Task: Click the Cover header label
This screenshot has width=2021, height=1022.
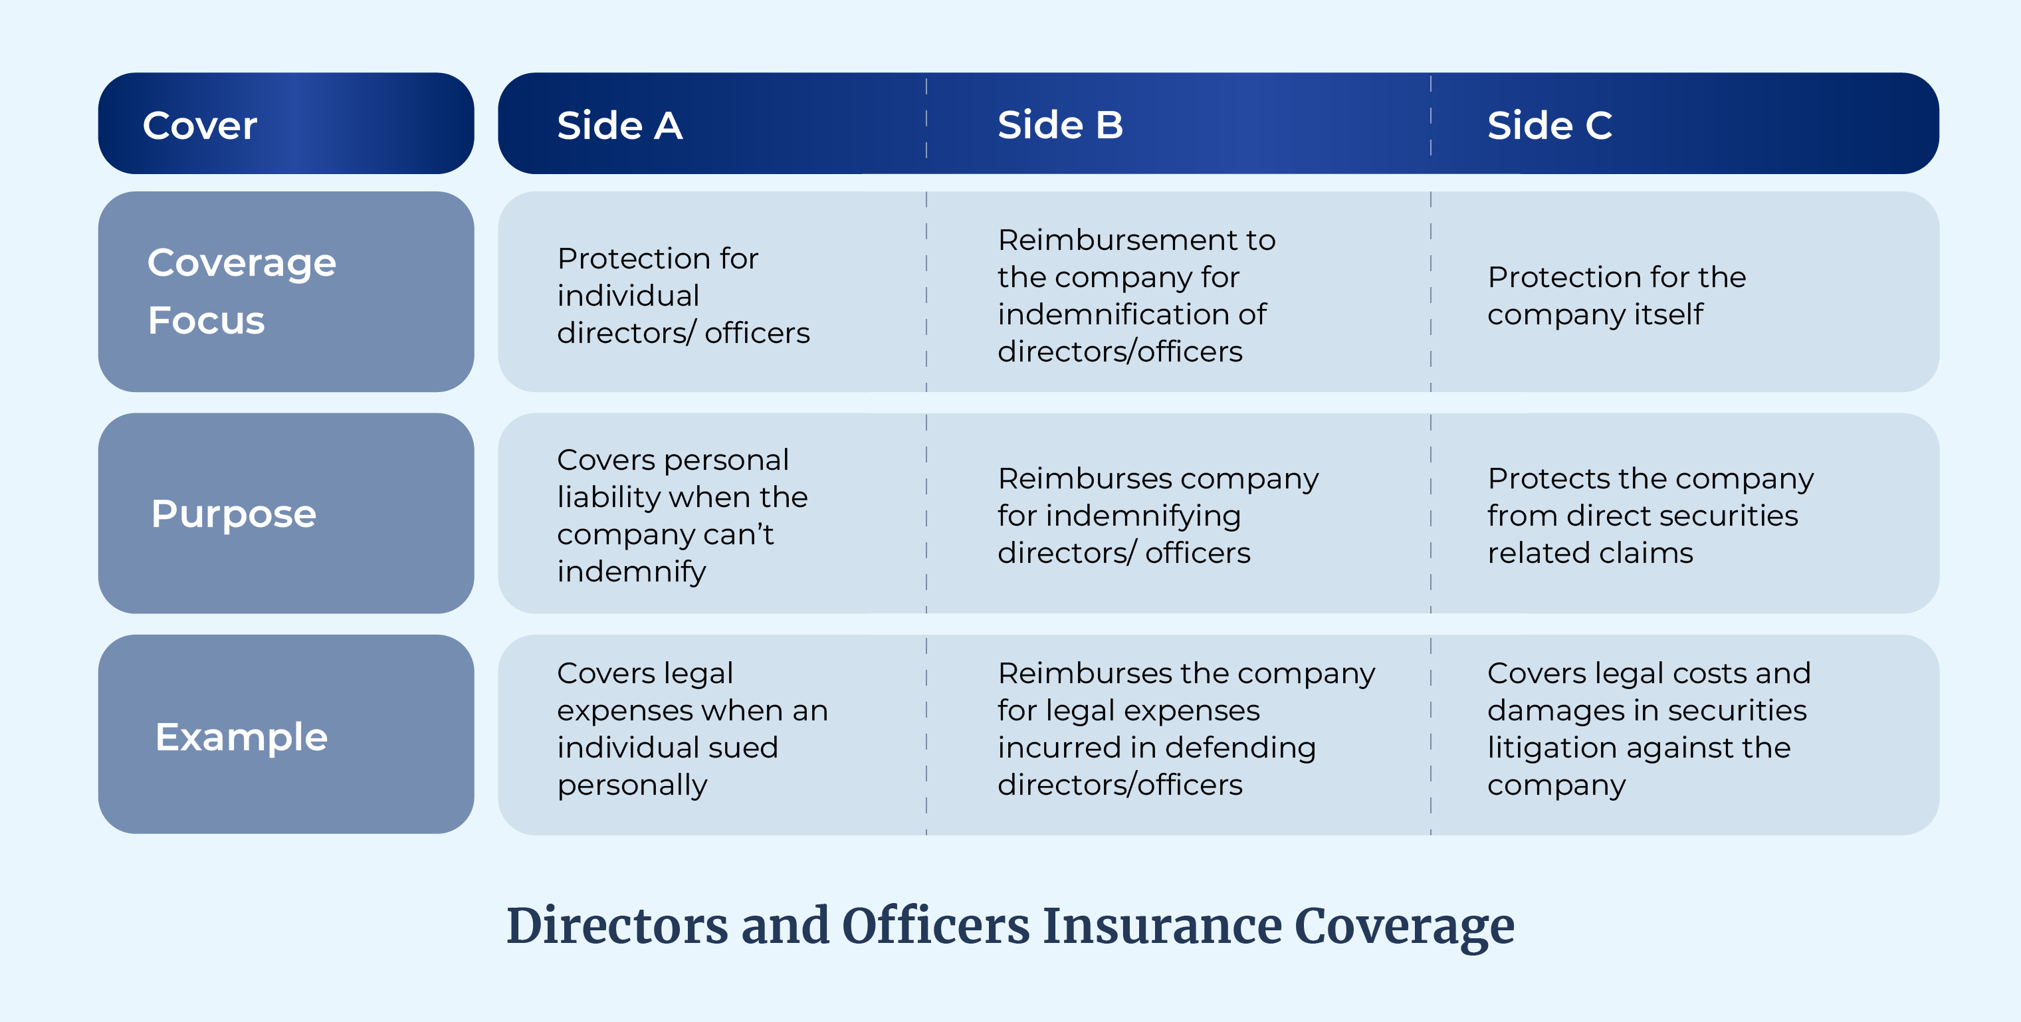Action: tap(199, 126)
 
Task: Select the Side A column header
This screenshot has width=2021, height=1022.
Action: tap(620, 126)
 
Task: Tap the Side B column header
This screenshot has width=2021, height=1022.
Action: tap(1060, 126)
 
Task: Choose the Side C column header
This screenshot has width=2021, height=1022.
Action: tap(1550, 126)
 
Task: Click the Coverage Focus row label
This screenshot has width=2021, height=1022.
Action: tap(242, 291)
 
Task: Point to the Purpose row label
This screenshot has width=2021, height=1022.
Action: tap(234, 514)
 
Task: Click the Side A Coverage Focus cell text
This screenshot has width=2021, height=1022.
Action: tap(683, 296)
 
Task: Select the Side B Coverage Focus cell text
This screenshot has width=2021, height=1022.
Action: tap(1136, 296)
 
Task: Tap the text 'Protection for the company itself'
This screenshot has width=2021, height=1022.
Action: tap(1616, 296)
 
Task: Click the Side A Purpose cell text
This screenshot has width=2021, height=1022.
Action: tap(682, 515)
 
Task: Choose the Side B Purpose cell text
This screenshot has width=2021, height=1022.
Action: tap(1158, 515)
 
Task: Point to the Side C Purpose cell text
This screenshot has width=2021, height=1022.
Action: tap(1650, 515)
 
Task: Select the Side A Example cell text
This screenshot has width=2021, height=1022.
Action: tap(692, 729)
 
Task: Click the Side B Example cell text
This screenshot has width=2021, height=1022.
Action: tap(1186, 729)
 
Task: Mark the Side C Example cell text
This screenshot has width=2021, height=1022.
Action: tap(1648, 729)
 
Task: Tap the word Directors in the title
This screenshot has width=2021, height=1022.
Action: tap(617, 926)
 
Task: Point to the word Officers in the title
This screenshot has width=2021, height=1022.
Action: tap(935, 926)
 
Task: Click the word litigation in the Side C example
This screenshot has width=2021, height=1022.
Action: tap(1555, 748)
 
